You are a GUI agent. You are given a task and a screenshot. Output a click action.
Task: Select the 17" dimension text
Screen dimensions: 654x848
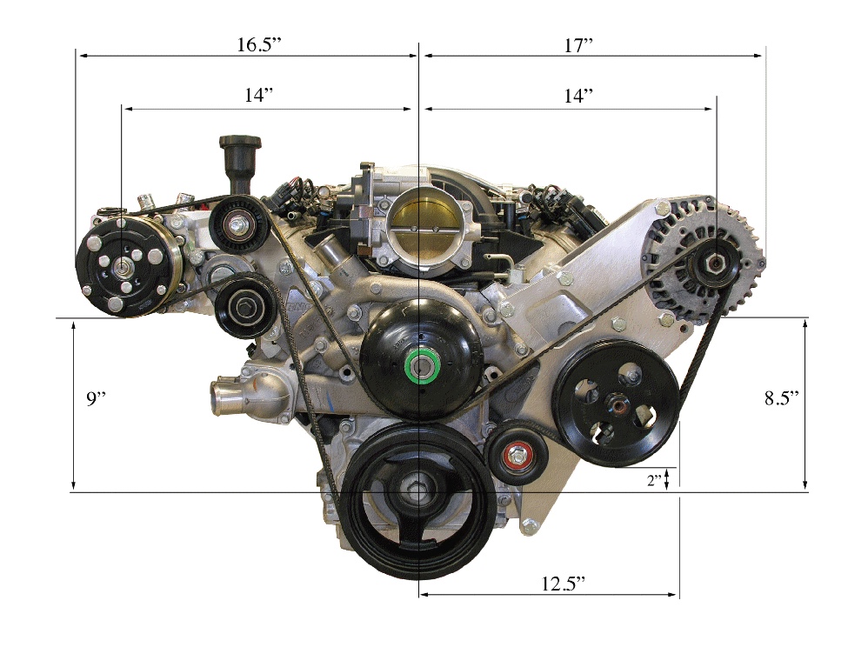(577, 45)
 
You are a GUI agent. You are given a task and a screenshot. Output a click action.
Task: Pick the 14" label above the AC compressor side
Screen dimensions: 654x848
(258, 96)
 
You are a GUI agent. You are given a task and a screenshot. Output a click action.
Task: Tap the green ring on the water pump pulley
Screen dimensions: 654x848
(424, 365)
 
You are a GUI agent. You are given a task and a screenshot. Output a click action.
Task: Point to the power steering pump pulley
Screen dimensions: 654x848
(618, 404)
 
